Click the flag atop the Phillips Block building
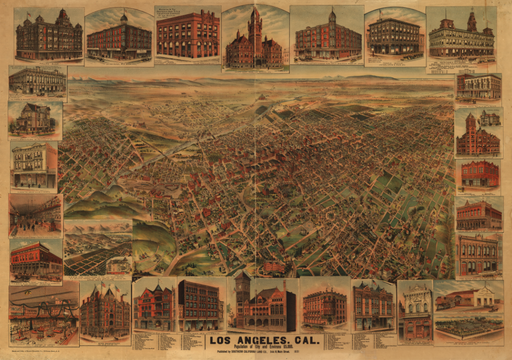pyautogui.click(x=29, y=15)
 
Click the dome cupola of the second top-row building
pyautogui.click(x=124, y=18)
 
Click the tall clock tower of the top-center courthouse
pyautogui.click(x=255, y=29)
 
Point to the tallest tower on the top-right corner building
pyautogui.click(x=472, y=21)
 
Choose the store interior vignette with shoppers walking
pyautogui.click(x=36, y=216)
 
